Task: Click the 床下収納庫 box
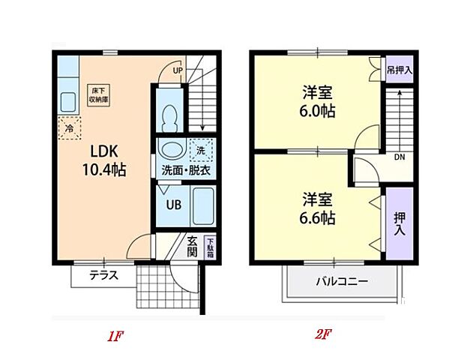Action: [x=98, y=93]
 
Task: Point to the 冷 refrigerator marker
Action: [x=69, y=129]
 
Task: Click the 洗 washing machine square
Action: [x=200, y=150]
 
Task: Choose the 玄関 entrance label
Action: [x=193, y=247]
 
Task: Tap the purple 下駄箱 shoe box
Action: [x=210, y=247]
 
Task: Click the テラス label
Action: [x=104, y=275]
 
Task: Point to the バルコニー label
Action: [x=341, y=282]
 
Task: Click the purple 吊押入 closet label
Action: [x=399, y=70]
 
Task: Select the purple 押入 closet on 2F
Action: [x=399, y=223]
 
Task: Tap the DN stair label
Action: [x=400, y=157]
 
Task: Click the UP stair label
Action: [x=178, y=71]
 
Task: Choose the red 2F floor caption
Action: [x=323, y=335]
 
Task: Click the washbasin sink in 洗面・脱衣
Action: [x=172, y=150]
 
